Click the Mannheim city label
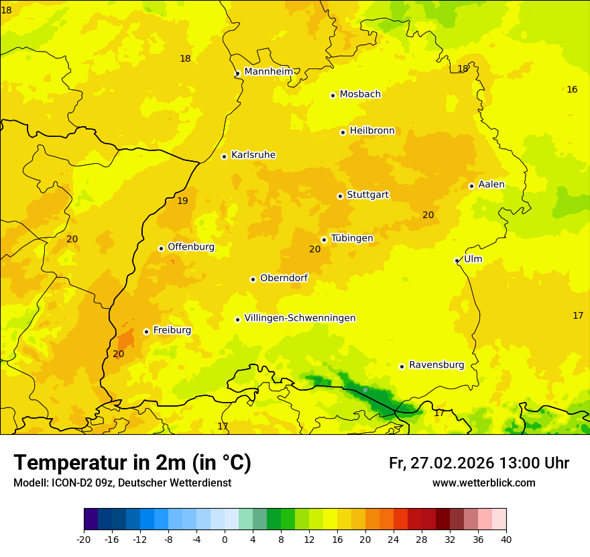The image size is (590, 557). click(268, 71)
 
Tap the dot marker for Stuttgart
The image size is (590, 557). click(340, 196)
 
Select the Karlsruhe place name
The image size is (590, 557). click(253, 155)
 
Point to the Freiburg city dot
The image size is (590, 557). click(146, 332)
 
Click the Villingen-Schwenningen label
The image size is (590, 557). click(300, 318)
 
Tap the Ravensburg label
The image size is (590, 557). click(436, 365)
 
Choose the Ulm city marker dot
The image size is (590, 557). click(457, 260)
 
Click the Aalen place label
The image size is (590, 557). click(491, 185)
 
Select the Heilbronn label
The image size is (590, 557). click(372, 131)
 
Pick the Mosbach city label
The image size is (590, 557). click(360, 95)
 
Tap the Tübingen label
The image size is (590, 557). click(352, 238)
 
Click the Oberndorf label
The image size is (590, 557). click(284, 278)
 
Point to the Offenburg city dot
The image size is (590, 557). click(161, 248)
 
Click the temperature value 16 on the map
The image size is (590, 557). click(571, 89)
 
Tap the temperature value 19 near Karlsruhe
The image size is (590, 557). click(182, 201)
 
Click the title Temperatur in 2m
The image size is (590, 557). click(132, 462)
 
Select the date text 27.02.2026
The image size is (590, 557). click(452, 463)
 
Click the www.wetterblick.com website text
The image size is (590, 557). click(483, 483)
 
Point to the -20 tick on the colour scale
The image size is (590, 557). click(84, 539)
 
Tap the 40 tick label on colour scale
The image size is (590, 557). click(506, 539)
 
